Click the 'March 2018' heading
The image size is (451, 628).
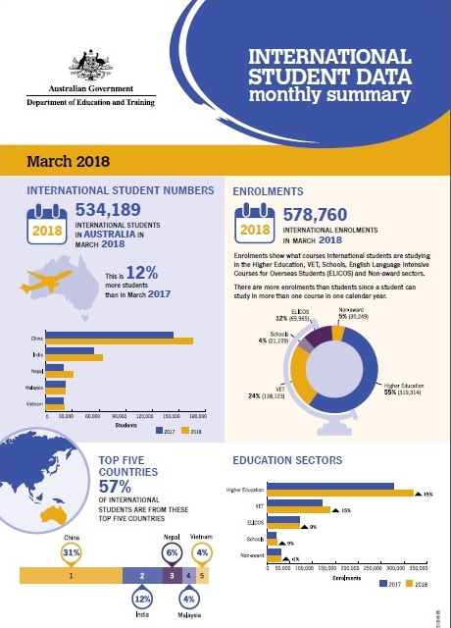coord(68,160)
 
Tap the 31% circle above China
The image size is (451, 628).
coord(71,552)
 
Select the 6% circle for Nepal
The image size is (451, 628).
coord(172,552)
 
